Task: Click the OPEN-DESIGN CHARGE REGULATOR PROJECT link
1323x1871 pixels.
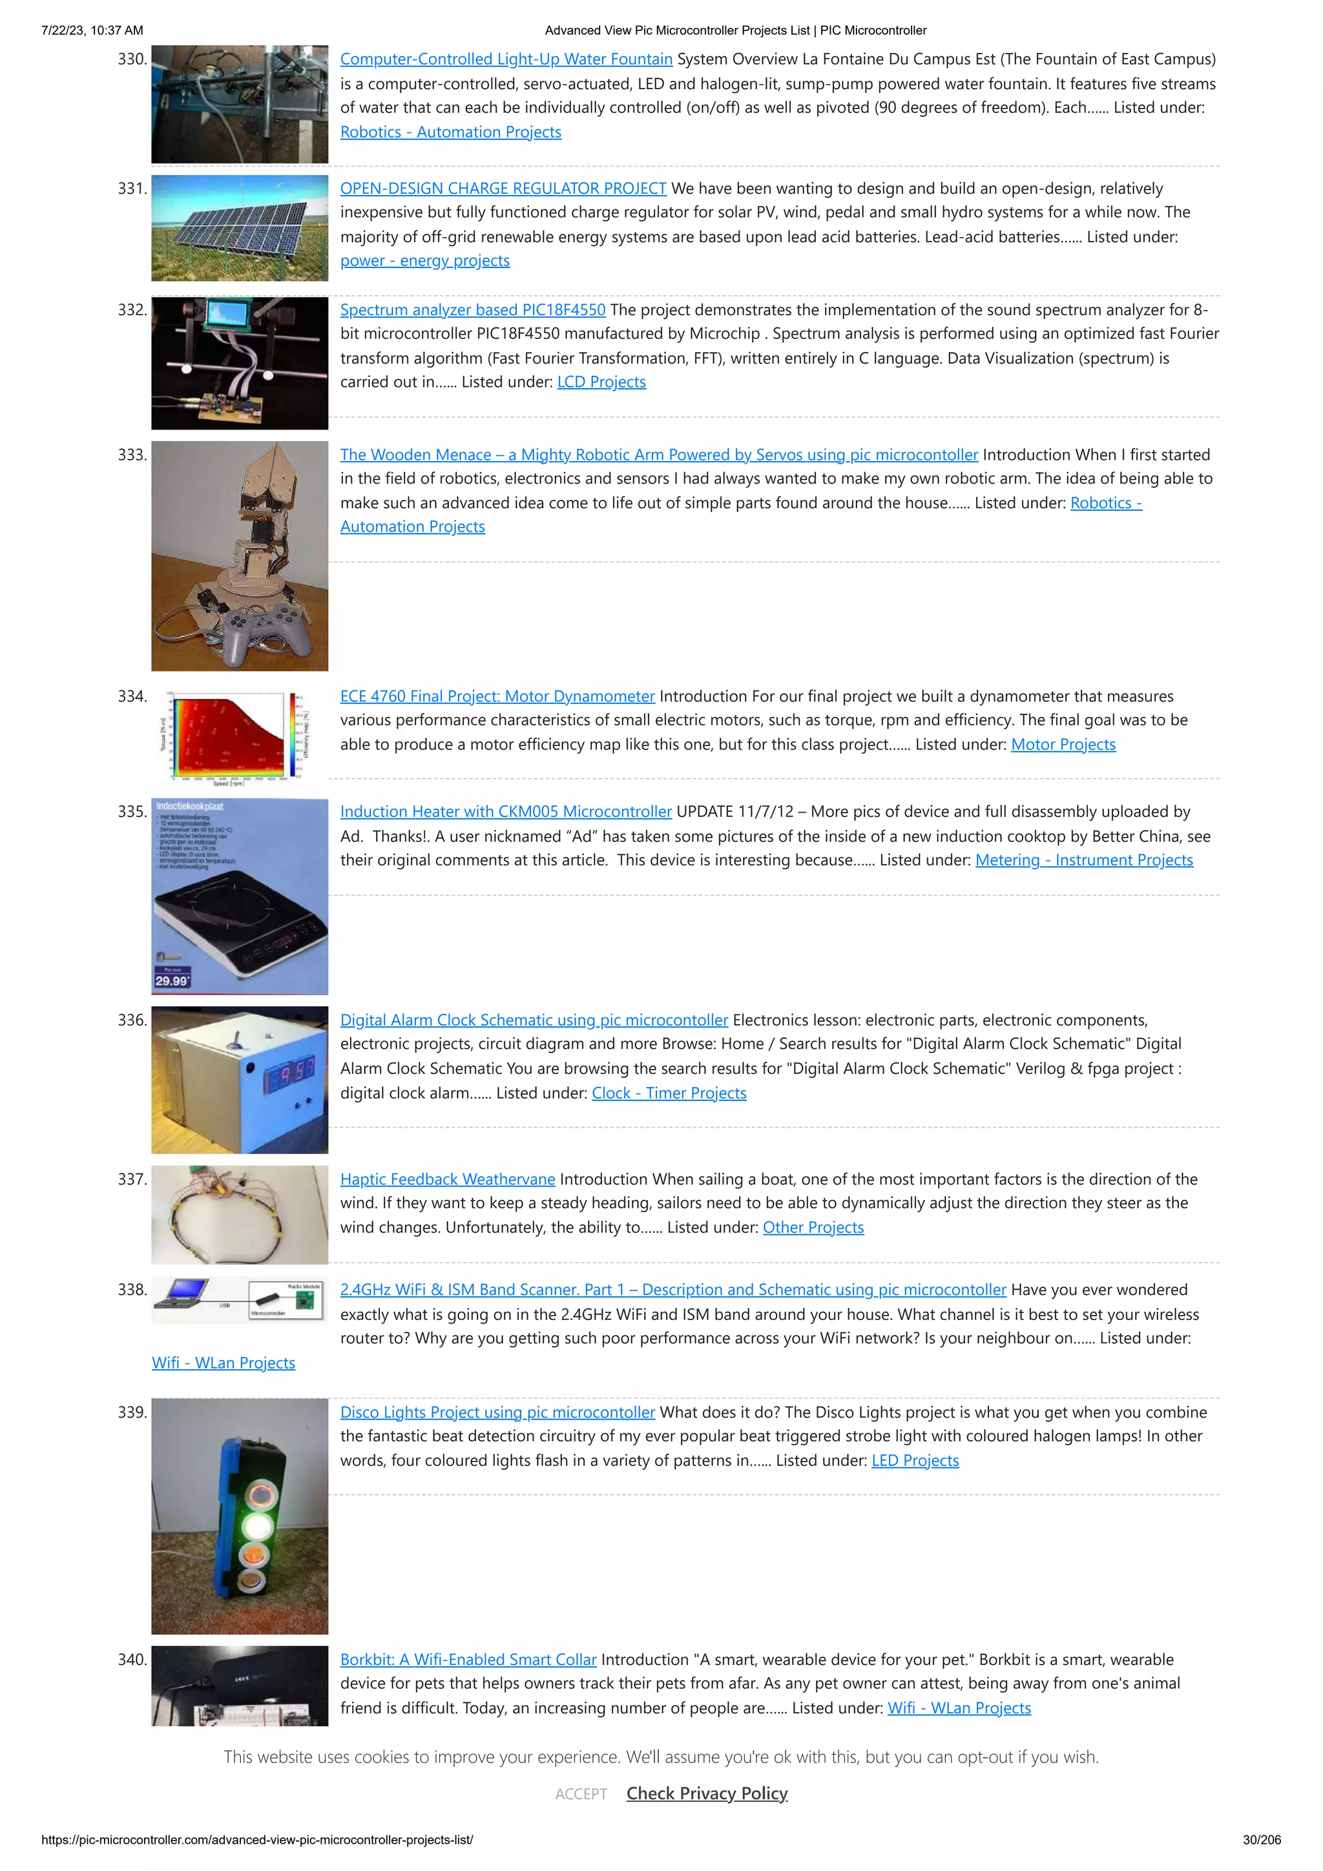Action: click(503, 188)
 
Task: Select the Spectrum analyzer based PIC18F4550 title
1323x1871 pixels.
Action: click(473, 309)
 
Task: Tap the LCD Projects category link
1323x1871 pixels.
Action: click(601, 382)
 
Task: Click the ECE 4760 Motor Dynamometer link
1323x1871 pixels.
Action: click(497, 696)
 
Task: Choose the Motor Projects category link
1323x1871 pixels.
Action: click(1063, 744)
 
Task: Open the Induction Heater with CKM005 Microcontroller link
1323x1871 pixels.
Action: click(505, 812)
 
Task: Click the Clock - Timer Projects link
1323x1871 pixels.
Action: click(669, 1093)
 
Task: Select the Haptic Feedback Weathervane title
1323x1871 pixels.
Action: click(448, 1179)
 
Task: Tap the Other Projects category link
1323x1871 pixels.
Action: click(813, 1227)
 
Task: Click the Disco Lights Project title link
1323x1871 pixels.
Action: click(497, 1412)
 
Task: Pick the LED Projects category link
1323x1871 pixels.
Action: click(915, 1460)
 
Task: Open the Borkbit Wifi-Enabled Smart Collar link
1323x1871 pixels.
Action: click(468, 1659)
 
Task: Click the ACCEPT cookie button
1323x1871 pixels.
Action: click(580, 1793)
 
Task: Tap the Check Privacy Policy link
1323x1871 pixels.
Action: click(707, 1793)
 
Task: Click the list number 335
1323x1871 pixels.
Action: click(132, 812)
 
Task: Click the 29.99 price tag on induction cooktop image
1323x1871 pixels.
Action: click(171, 980)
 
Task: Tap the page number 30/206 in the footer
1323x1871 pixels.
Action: click(1261, 1840)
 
